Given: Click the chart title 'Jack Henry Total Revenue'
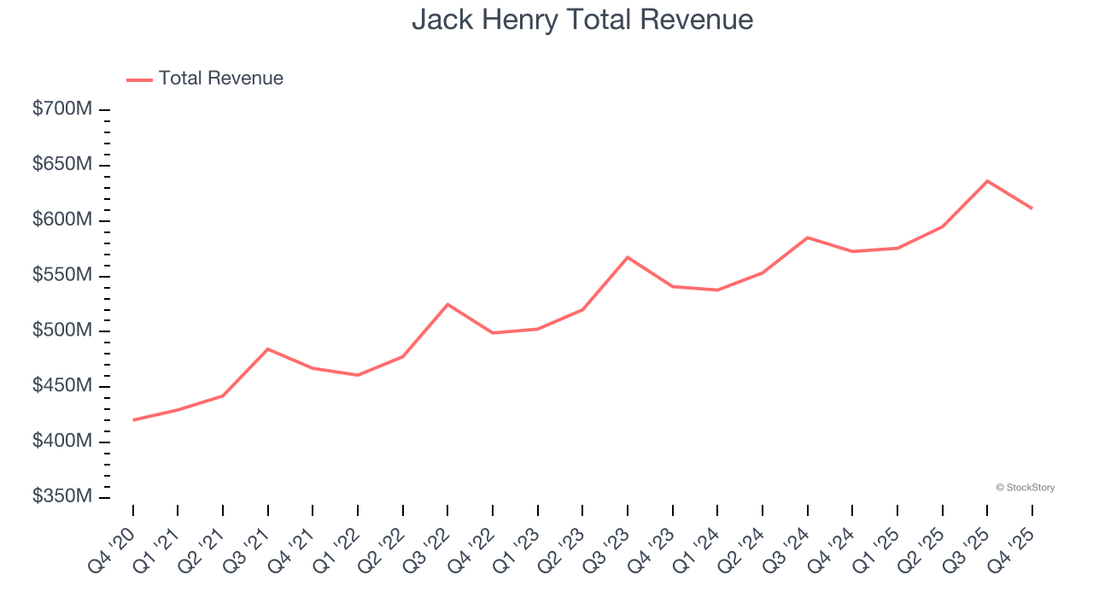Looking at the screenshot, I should tap(582, 20).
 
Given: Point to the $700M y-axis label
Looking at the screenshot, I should tap(62, 110).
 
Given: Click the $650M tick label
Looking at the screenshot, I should tap(62, 165).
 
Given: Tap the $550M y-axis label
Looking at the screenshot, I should tap(62, 276).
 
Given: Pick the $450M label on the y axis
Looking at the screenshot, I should tap(62, 386).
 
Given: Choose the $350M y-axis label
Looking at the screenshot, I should tap(62, 497).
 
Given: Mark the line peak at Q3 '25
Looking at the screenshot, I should tap(987, 181).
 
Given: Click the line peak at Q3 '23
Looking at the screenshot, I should tap(628, 257).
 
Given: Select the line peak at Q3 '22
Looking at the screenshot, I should tap(447, 304).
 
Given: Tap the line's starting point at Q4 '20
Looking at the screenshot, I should tap(133, 420).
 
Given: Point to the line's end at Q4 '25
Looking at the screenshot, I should tap(1032, 208).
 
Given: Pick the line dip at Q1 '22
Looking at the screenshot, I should tap(358, 375).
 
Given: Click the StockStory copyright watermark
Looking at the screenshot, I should tap(1025, 488).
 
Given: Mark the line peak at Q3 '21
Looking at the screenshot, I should tap(268, 348).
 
